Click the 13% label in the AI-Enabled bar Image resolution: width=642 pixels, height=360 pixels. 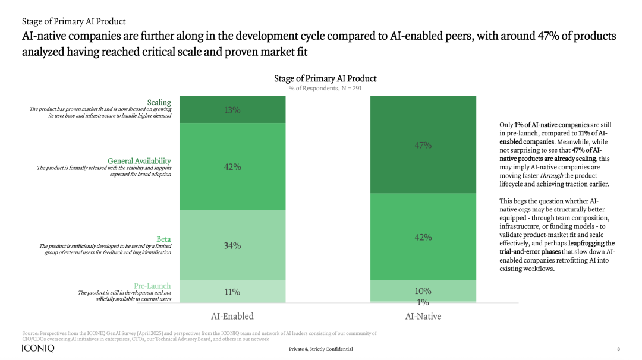click(x=232, y=110)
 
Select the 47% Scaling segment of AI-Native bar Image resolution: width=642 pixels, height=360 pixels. click(x=423, y=145)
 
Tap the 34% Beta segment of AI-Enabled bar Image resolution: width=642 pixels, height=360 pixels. click(x=232, y=245)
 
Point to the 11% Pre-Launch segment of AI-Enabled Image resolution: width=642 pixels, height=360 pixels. click(x=232, y=292)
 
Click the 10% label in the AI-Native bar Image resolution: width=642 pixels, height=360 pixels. click(x=423, y=291)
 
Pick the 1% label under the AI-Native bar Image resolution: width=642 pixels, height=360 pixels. click(x=423, y=303)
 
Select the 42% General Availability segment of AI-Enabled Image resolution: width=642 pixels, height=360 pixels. click(x=232, y=167)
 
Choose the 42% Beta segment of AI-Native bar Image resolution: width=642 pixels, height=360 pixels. click(x=423, y=237)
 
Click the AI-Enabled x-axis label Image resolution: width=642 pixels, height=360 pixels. click(x=232, y=316)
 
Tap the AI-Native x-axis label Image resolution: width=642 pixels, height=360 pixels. click(x=423, y=316)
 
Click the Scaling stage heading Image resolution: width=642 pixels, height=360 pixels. click(x=159, y=103)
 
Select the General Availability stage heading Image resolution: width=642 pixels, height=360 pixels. click(x=139, y=161)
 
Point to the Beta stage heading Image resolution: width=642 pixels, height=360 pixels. click(x=163, y=239)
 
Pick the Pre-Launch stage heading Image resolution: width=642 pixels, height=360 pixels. click(x=152, y=286)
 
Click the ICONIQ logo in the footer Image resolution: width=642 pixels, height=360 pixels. click(x=38, y=348)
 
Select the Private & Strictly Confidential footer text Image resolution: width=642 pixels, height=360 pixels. click(x=320, y=349)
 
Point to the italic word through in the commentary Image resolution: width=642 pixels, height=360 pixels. click(x=551, y=176)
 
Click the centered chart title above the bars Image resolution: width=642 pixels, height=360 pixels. click(x=325, y=78)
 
